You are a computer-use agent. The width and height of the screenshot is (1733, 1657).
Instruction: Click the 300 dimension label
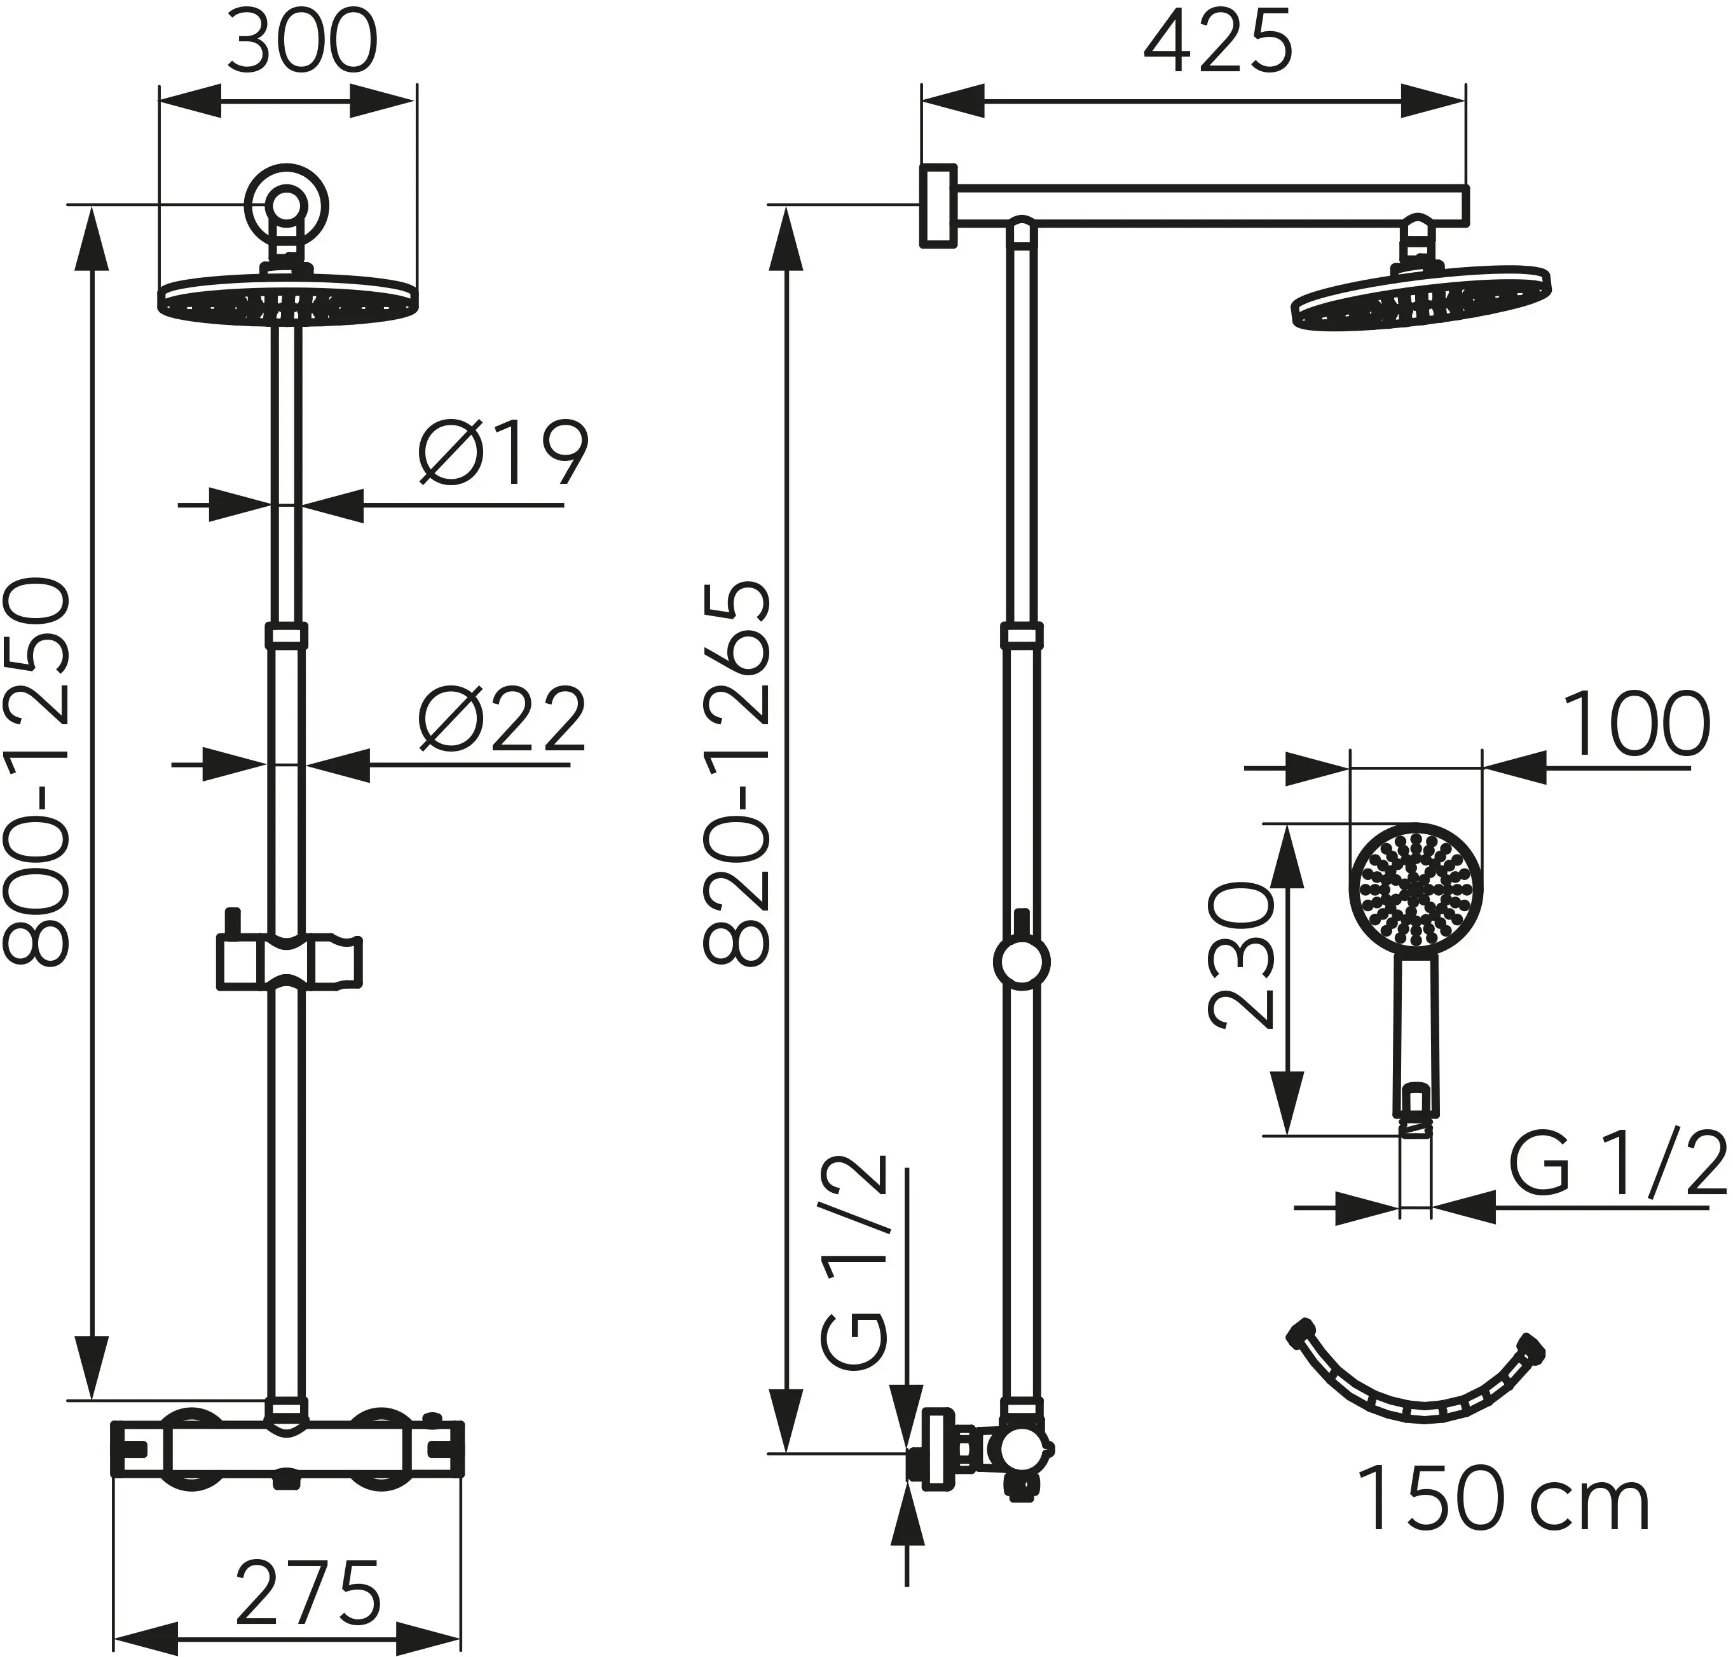[302, 43]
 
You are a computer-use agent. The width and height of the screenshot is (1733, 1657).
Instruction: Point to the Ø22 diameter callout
[502, 718]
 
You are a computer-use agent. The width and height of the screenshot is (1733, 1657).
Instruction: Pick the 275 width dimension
[309, 1593]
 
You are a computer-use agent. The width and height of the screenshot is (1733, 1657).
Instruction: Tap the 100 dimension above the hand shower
[1636, 725]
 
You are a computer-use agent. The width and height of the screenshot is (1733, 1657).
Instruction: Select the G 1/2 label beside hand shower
[1617, 1165]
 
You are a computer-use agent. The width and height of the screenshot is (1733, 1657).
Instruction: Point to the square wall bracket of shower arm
[938, 205]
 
